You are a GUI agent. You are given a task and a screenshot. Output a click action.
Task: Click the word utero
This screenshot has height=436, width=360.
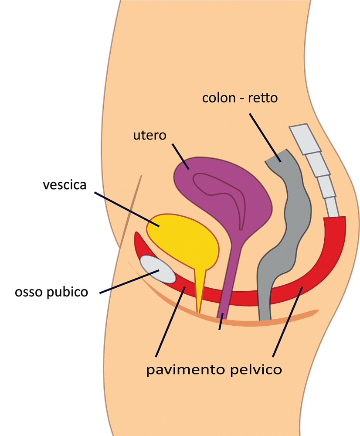coord(149,135)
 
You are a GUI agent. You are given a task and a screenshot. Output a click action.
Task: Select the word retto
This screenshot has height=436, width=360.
coord(263,98)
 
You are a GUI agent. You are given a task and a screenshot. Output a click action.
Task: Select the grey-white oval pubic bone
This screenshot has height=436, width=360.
coord(157,269)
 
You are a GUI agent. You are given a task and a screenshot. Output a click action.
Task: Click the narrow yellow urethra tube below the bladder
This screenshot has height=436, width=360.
coord(200,288)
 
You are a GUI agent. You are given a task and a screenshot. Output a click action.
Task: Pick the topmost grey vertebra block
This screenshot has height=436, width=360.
coord(305,136)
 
